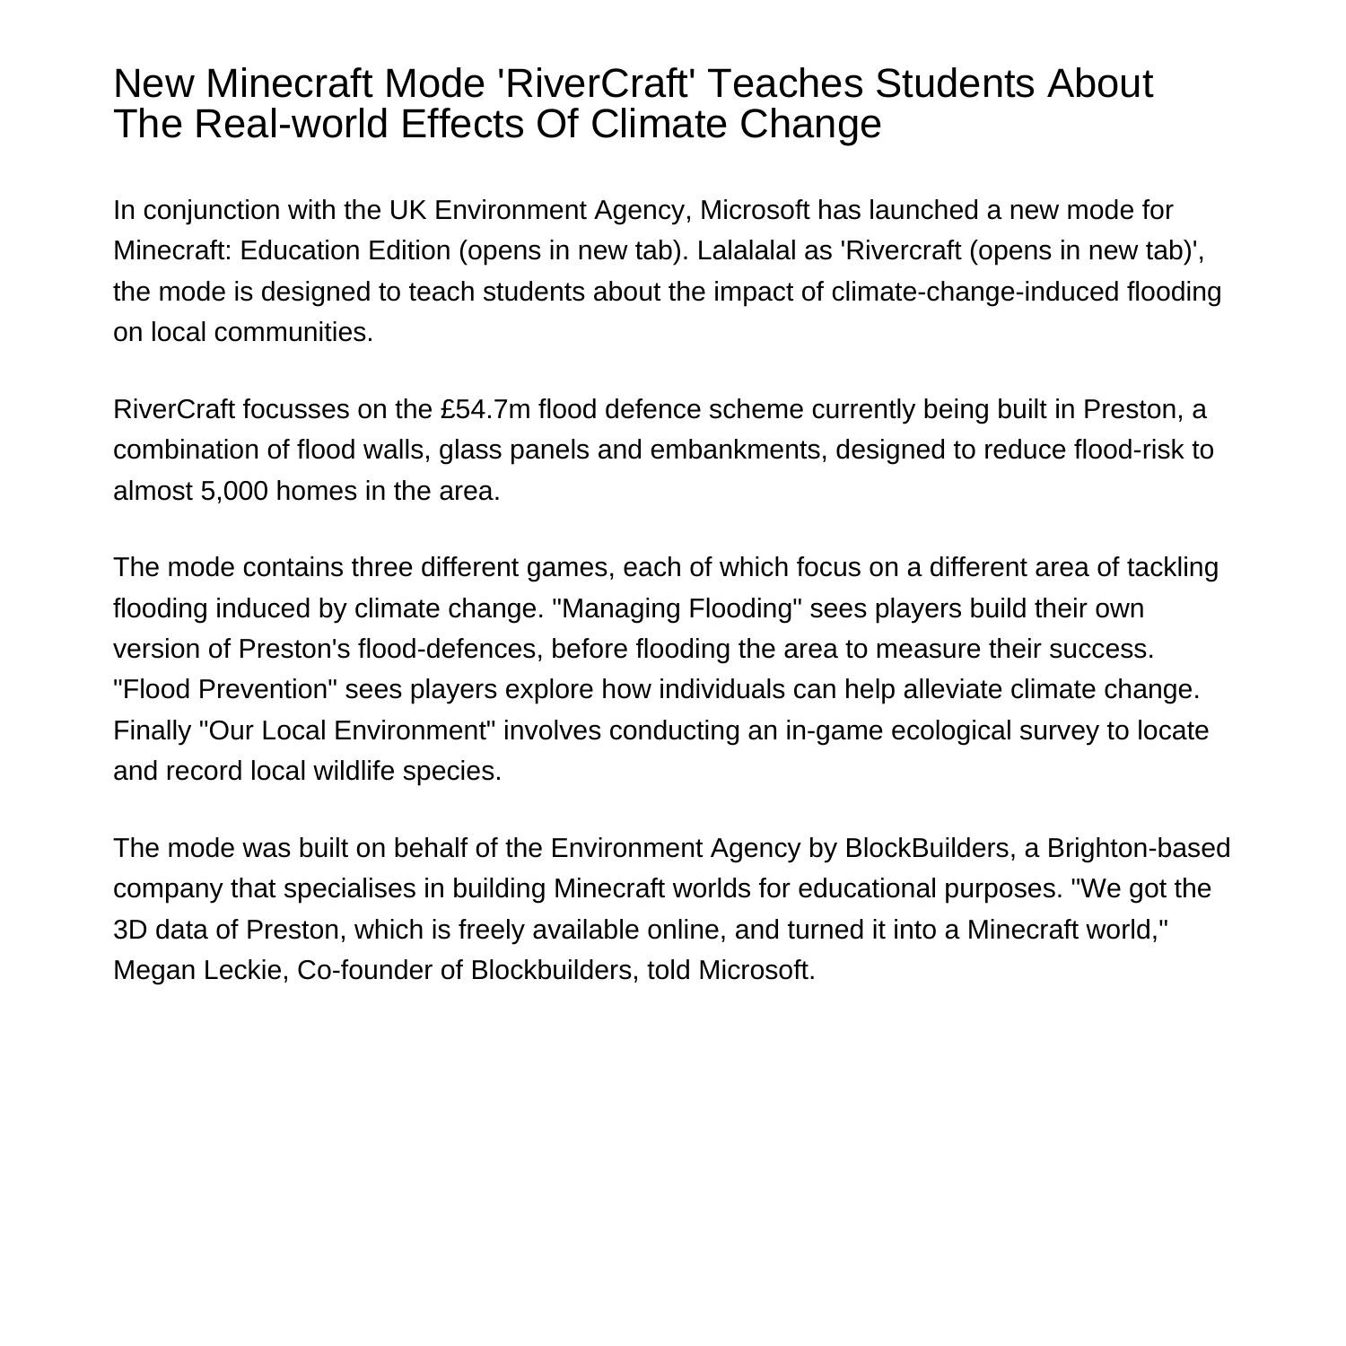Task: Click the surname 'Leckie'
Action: click(240, 970)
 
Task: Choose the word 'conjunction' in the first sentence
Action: click(212, 210)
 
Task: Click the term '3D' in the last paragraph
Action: click(130, 929)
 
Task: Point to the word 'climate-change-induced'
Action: click(975, 292)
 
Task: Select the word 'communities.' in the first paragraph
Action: click(293, 332)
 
